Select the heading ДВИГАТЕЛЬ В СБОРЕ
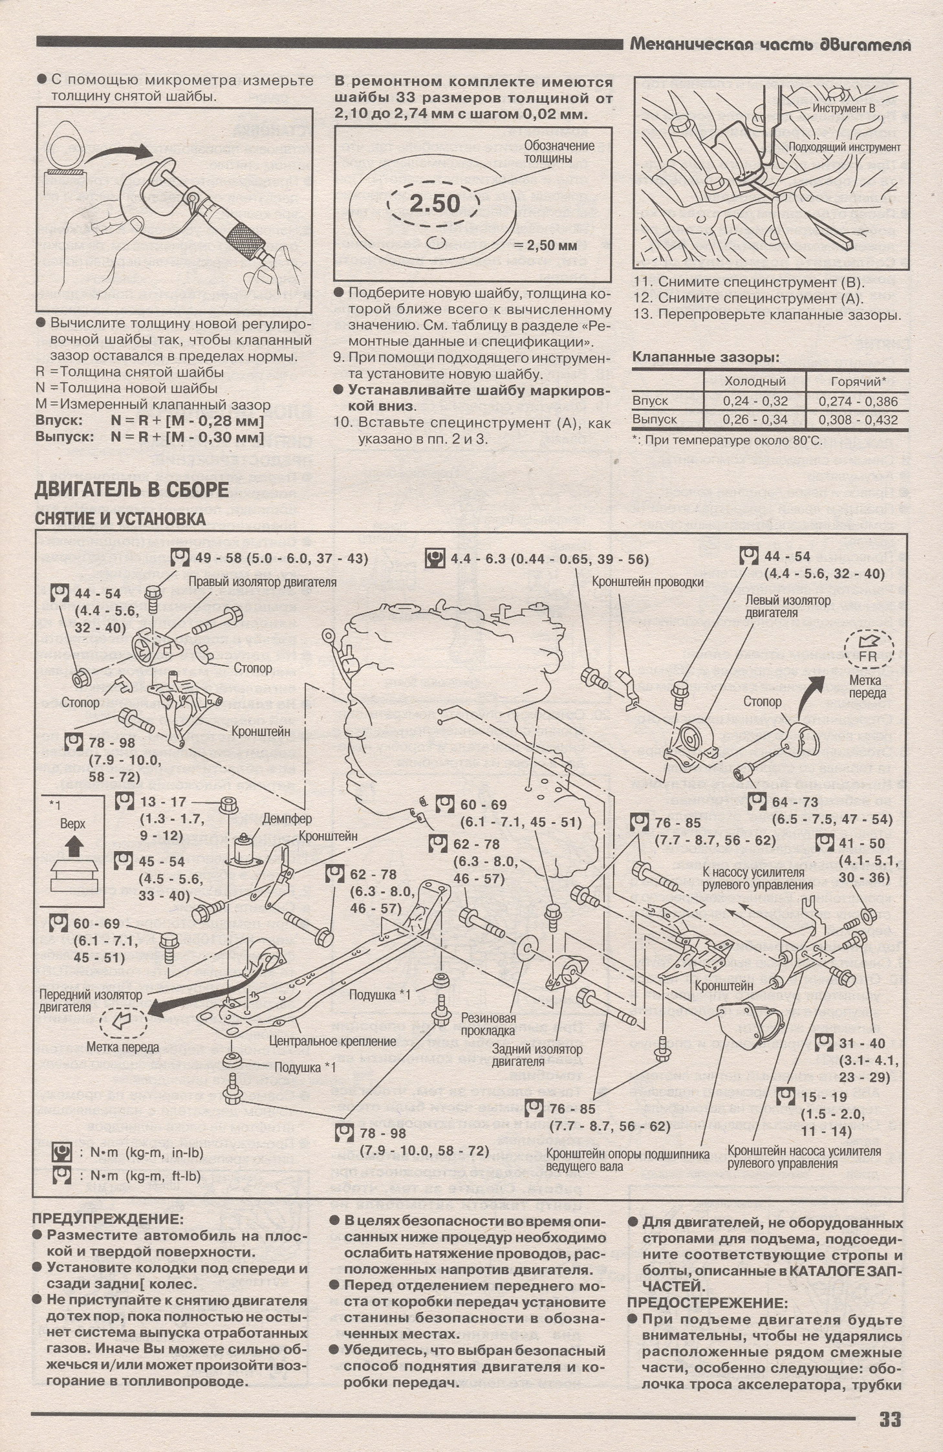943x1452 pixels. pyautogui.click(x=131, y=490)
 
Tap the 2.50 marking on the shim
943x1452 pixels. pyautogui.click(x=435, y=204)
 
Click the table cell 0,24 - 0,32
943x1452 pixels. pyautogui.click(x=755, y=401)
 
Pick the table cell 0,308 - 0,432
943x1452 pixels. pyautogui.click(x=858, y=420)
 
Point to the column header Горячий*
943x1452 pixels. pyautogui.click(x=858, y=382)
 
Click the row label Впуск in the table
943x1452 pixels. pyautogui.click(x=650, y=401)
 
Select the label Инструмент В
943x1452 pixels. pyautogui.click(x=843, y=109)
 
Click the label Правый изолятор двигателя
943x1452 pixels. pyautogui.click(x=263, y=582)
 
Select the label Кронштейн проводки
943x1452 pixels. pyautogui.click(x=647, y=582)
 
